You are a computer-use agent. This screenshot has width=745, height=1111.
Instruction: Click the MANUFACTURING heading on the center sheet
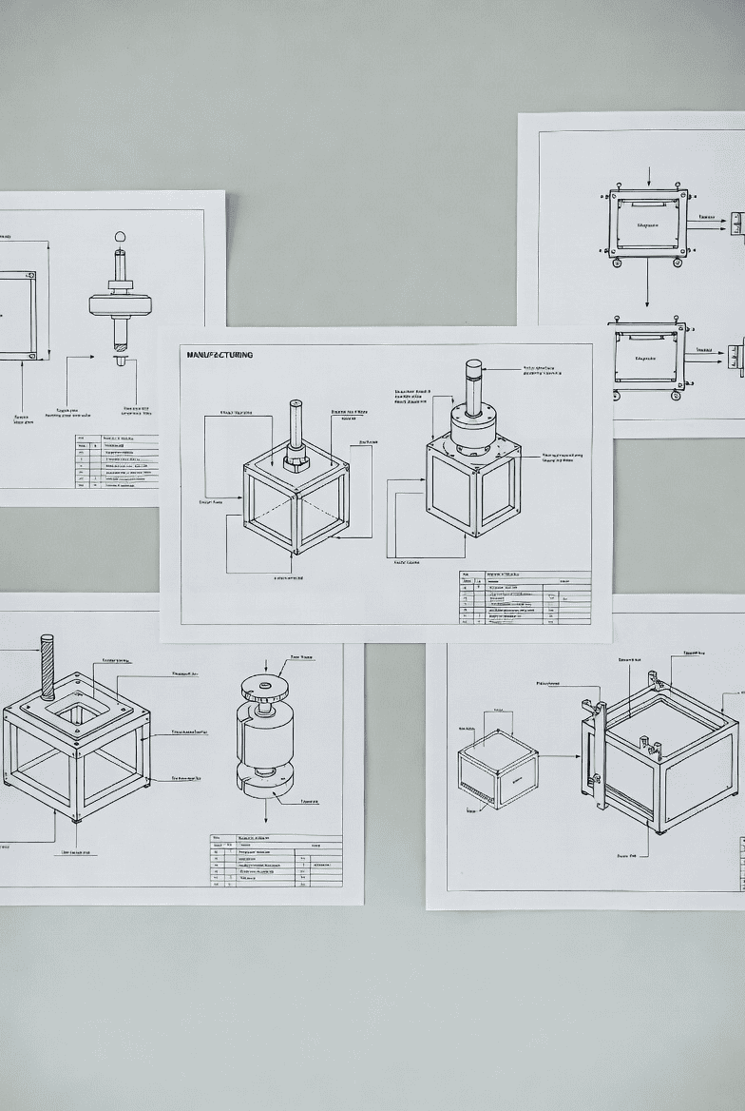220,355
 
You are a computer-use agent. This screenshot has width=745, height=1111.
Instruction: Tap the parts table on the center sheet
525,597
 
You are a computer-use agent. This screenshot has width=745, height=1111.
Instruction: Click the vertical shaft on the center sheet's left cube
296,428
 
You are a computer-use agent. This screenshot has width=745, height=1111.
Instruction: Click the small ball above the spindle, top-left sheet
120,236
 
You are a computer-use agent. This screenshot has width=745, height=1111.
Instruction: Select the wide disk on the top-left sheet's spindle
121,304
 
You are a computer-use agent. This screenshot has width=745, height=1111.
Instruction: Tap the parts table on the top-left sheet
117,461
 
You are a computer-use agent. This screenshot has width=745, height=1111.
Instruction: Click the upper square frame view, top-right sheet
647,224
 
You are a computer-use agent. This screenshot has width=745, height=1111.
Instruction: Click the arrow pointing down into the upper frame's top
648,177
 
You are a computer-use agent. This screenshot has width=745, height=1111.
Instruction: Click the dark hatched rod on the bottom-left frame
47,666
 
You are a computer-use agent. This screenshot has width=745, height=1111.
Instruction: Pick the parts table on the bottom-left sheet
276,861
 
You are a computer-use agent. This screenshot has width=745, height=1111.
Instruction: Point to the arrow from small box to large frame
560,757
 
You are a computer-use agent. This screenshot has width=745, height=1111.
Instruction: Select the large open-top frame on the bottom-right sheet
665,751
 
